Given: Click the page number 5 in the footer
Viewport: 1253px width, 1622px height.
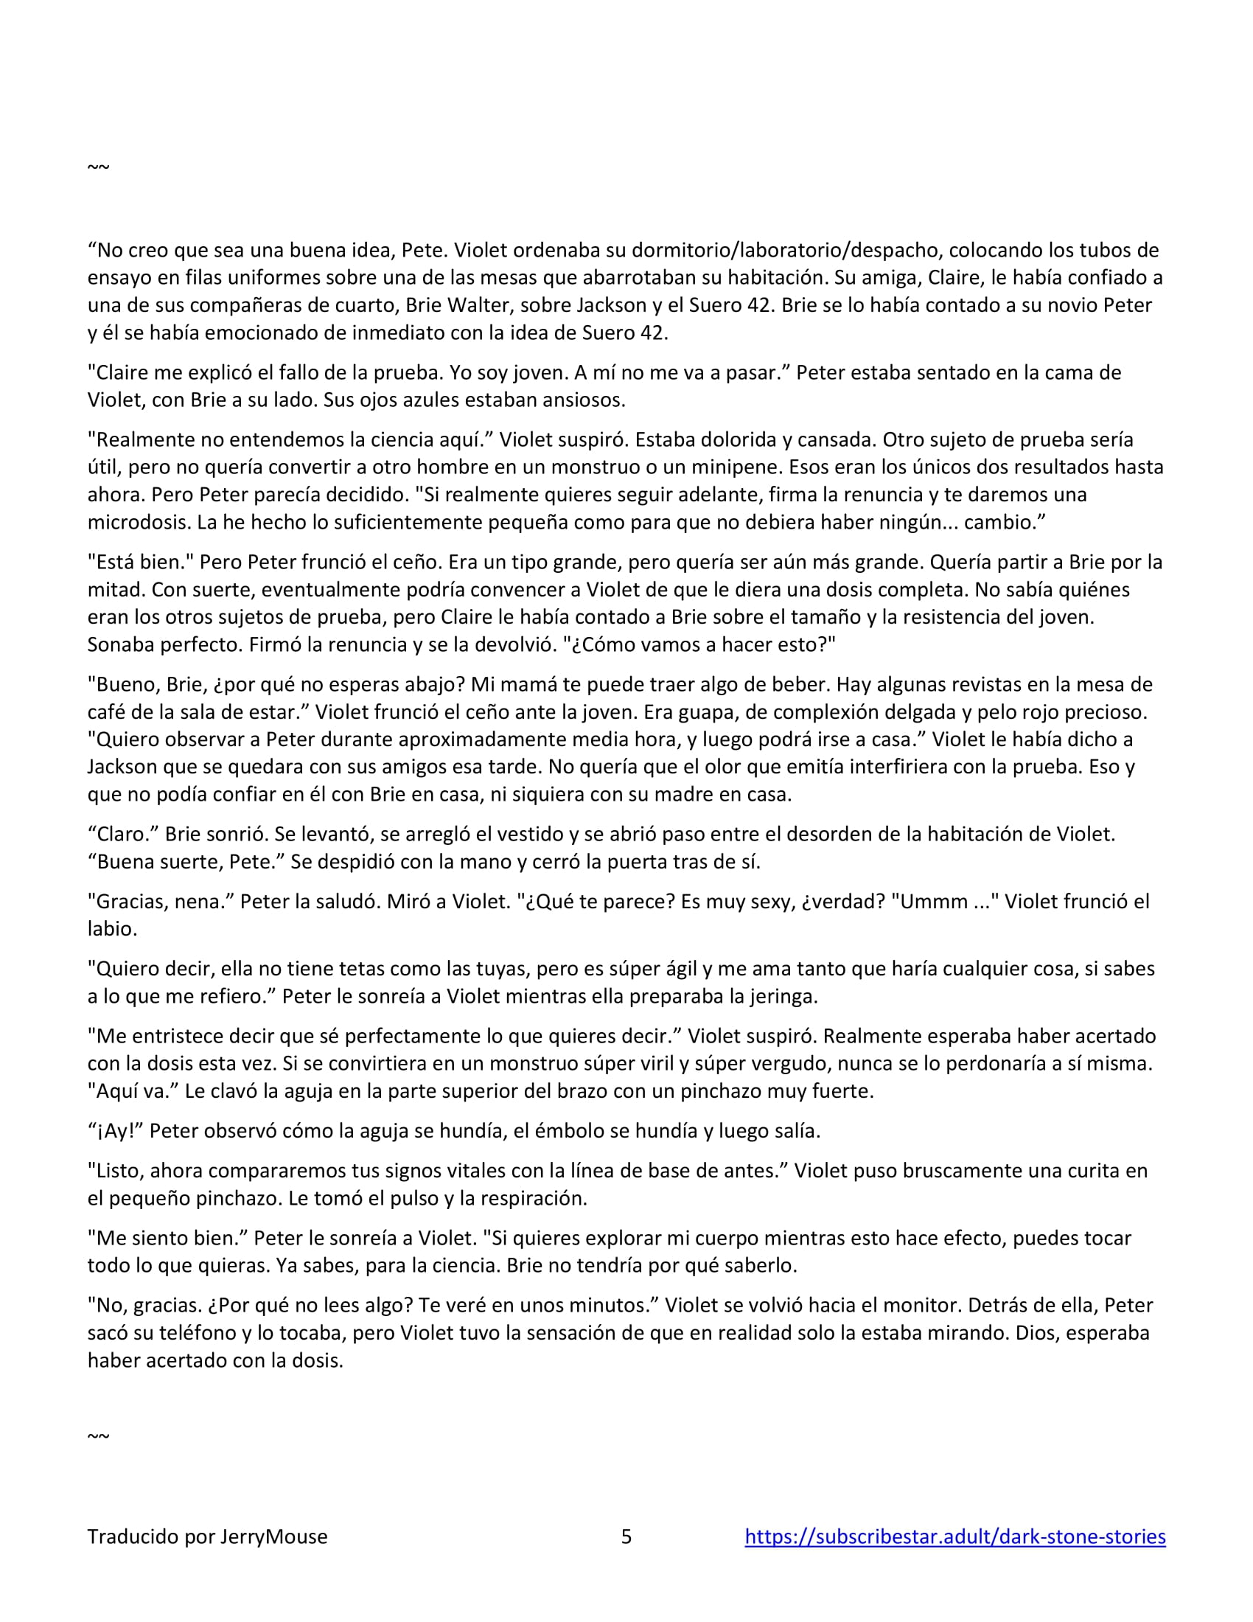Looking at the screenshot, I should (626, 1536).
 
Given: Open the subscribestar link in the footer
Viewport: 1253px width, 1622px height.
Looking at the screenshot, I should (954, 1536).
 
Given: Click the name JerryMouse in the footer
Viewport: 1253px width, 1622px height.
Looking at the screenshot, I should (273, 1536).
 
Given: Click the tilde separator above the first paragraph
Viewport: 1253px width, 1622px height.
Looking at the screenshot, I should (98, 167).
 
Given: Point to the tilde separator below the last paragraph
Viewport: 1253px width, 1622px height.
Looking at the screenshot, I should (98, 1435).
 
